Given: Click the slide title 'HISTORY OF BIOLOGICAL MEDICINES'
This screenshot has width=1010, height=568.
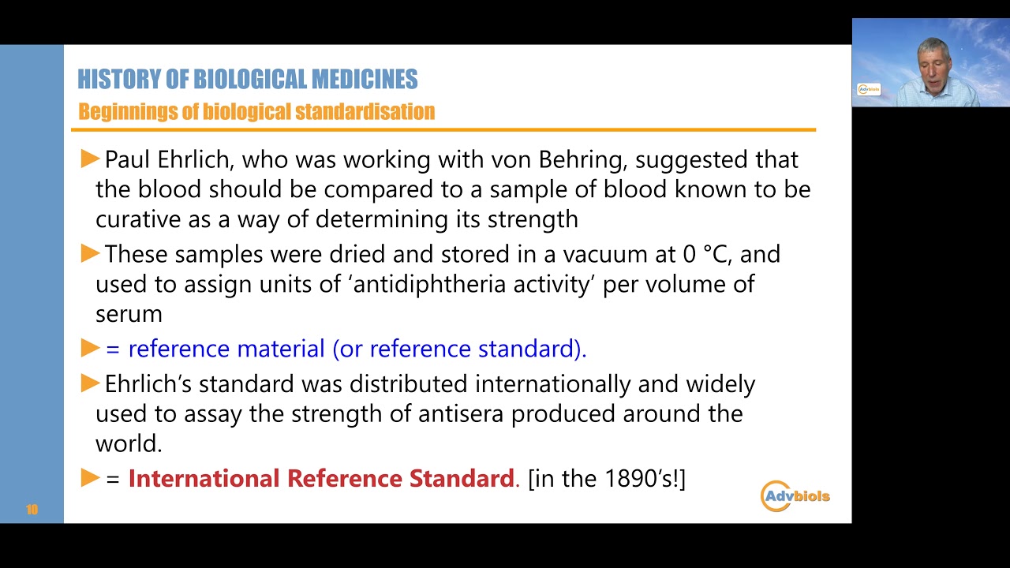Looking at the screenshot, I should [x=247, y=80].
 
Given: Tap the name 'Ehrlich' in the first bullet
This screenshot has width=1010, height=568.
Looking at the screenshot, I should [x=194, y=159].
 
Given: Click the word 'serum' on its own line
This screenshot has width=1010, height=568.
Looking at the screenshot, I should [x=129, y=314].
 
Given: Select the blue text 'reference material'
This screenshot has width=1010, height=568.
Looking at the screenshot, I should [x=226, y=349].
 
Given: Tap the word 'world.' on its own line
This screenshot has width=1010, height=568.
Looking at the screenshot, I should [x=129, y=444].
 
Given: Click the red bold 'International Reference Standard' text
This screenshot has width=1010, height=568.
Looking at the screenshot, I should [x=320, y=479].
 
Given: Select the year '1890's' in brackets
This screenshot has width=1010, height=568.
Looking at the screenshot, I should [x=638, y=479].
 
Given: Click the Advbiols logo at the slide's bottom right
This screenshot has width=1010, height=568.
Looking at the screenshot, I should [x=795, y=496].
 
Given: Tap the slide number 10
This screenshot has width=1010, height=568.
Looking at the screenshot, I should [x=32, y=510].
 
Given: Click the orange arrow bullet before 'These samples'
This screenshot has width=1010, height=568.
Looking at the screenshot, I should [x=90, y=254].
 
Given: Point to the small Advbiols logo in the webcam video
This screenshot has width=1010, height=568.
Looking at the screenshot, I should [x=869, y=89].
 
